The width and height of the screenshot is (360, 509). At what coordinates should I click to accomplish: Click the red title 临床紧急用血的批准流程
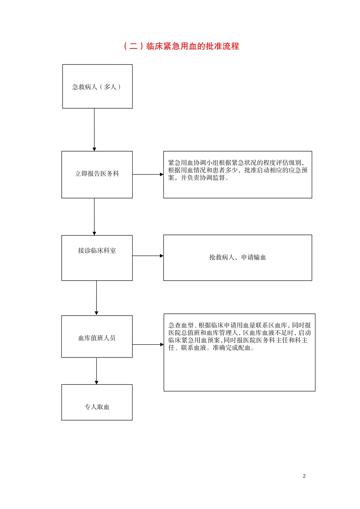point(193,46)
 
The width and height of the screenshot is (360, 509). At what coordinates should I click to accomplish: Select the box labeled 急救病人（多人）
point(97,87)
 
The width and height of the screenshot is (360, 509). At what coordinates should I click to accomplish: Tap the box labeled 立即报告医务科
point(97,174)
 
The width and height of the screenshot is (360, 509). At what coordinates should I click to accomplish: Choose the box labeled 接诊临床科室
point(97,258)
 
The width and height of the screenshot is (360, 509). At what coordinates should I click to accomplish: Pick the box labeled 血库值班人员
point(97,337)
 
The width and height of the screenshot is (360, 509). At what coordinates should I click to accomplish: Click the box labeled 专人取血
point(97,403)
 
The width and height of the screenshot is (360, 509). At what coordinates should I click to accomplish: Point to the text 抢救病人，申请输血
point(238,258)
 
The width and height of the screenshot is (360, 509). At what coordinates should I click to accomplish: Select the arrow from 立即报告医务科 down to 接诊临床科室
point(94,216)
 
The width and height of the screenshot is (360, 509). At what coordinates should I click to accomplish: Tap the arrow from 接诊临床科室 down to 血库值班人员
point(97,298)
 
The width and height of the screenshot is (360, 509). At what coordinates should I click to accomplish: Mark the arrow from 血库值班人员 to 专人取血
point(97,371)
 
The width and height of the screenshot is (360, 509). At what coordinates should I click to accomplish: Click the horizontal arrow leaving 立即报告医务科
point(148,175)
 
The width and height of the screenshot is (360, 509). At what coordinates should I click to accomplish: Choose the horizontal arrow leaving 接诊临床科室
point(148,256)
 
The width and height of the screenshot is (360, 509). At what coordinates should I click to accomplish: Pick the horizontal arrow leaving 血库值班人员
point(148,345)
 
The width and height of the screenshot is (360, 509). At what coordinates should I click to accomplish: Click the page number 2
point(304,476)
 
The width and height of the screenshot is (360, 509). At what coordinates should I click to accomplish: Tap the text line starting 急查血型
point(239,325)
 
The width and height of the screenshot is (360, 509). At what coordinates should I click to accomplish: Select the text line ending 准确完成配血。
point(211,348)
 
